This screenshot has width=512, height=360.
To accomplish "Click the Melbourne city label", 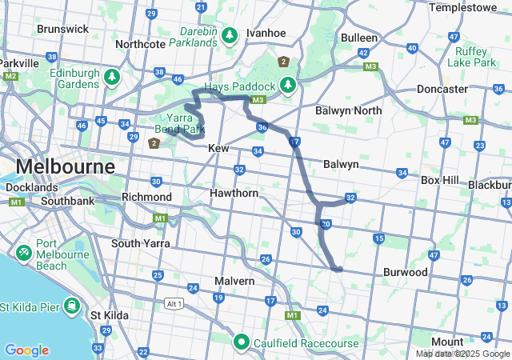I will pyautogui.click(x=65, y=167).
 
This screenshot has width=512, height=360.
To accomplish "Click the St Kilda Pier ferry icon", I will pyautogui.click(x=73, y=306).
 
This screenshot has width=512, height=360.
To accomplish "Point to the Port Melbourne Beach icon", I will pyautogui.click(x=24, y=253).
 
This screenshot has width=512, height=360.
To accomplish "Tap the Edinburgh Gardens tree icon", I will pyautogui.click(x=112, y=77).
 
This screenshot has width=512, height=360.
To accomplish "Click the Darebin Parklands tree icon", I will pyautogui.click(x=230, y=36).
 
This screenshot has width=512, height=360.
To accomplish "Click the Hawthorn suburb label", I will pyautogui.click(x=233, y=194).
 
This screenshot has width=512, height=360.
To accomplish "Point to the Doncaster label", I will pyautogui.click(x=442, y=89).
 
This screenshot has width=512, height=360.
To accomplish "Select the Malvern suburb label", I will pyautogui.click(x=234, y=282).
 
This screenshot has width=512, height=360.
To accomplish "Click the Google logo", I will pyautogui.click(x=26, y=350).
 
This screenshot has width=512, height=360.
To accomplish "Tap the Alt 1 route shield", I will pyautogui.click(x=174, y=303).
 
